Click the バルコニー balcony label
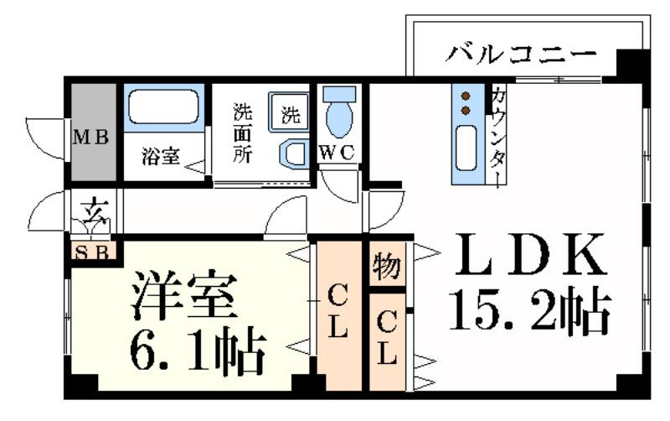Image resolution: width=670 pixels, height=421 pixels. pyautogui.click(x=521, y=55)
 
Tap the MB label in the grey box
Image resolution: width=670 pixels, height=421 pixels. pyautogui.click(x=91, y=138)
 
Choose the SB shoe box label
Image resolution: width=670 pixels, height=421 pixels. pyautogui.click(x=91, y=252)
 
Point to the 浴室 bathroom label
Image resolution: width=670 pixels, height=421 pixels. pyautogui.click(x=159, y=157)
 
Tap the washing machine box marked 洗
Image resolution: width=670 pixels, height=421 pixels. pyautogui.click(x=288, y=113)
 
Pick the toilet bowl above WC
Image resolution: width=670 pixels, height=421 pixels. pyautogui.click(x=339, y=114)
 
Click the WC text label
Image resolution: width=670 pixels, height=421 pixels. pyautogui.click(x=339, y=153)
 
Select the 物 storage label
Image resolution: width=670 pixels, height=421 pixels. pyautogui.click(x=386, y=268)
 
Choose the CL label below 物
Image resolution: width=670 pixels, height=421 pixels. pyautogui.click(x=386, y=338)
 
